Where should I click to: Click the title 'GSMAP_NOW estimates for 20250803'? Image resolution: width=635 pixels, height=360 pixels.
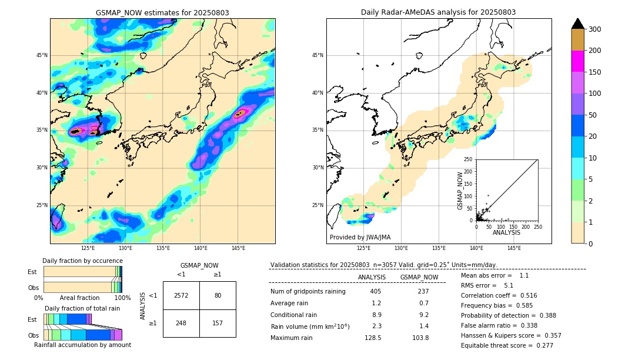point(162,12)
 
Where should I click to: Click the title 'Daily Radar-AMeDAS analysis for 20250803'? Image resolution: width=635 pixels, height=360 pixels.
point(438,12)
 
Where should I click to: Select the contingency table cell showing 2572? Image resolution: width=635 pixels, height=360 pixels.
point(181,295)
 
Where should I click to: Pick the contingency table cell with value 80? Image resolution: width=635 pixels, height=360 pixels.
point(218,295)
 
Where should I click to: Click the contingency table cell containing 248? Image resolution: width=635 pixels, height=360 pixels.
point(181,323)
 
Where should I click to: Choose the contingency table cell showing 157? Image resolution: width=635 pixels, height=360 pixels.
point(218,323)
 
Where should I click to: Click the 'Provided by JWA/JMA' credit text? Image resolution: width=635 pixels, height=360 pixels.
point(360,237)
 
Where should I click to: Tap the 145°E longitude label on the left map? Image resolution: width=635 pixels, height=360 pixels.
point(238,248)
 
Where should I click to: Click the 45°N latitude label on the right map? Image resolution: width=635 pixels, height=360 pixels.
point(317,55)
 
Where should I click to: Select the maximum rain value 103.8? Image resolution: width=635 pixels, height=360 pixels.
point(419,338)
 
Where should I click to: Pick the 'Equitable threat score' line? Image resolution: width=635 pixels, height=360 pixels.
point(507,345)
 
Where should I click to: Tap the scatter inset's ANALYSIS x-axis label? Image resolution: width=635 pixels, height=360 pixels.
point(506,232)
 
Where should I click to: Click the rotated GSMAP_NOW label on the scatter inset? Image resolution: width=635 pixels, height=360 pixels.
point(461,191)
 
